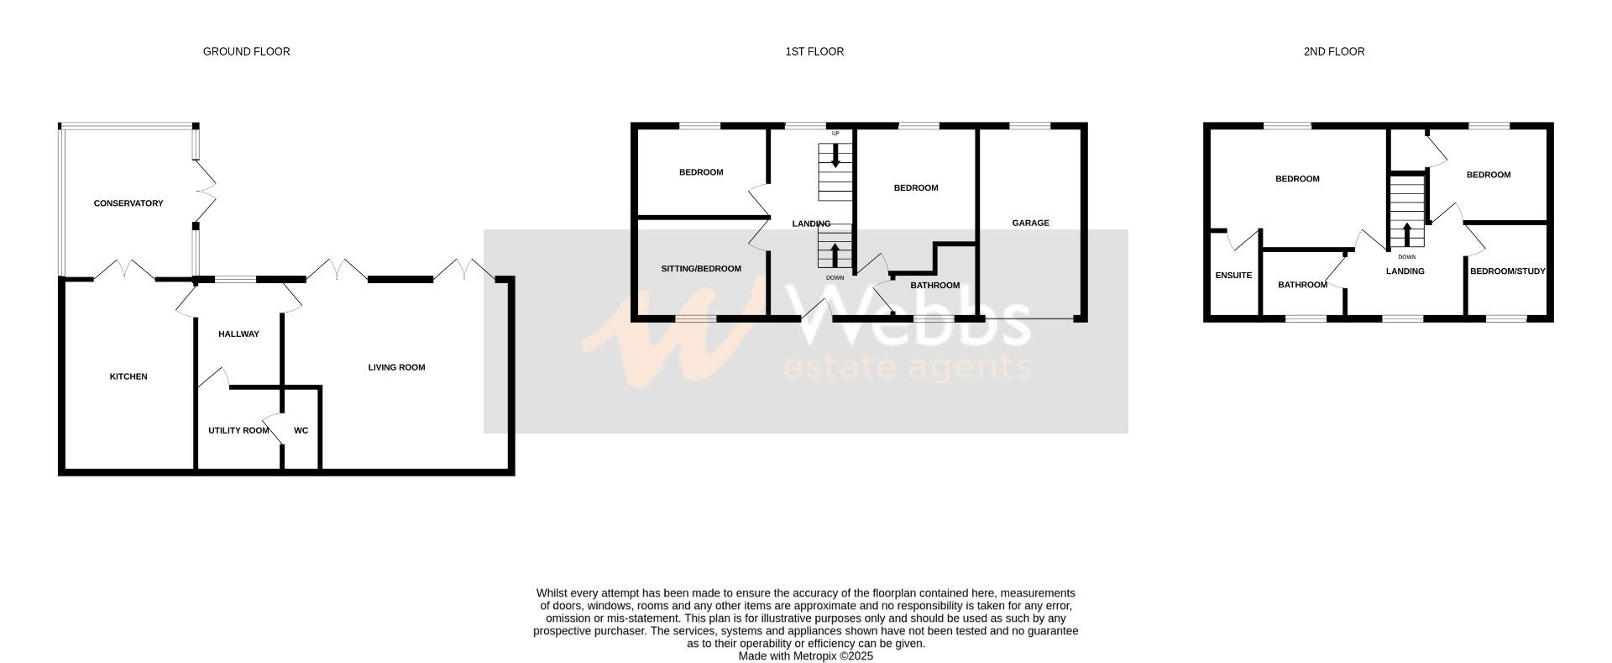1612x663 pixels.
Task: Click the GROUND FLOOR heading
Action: tap(246, 52)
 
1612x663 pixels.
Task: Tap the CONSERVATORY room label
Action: tap(128, 203)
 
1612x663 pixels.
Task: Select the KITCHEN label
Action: tap(128, 376)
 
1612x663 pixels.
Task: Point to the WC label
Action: tap(301, 430)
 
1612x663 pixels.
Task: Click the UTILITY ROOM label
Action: tap(238, 430)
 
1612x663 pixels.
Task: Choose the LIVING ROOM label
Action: tap(396, 367)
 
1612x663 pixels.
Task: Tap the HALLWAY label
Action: tap(238, 334)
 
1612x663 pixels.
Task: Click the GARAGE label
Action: tap(1030, 223)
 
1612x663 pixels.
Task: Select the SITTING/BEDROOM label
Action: tap(701, 269)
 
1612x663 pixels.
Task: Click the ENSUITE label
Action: tap(1233, 276)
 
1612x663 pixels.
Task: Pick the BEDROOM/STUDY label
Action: tap(1507, 271)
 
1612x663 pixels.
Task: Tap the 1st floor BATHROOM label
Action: tap(934, 286)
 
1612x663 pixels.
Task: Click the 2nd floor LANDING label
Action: tap(1405, 271)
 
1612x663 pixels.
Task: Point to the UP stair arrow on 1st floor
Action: tap(835, 156)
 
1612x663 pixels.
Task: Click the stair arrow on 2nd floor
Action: tap(1407, 234)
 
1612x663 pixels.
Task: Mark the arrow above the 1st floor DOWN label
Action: tap(835, 255)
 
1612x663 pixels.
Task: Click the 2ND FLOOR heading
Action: tap(1333, 52)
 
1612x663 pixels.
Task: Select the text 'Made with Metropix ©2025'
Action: tap(805, 656)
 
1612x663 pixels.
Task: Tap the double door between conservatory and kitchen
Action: tap(123, 271)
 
